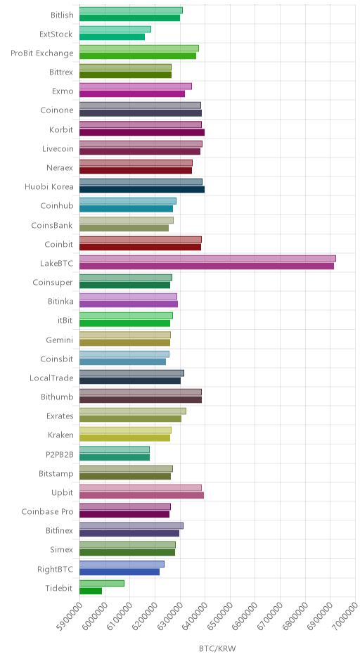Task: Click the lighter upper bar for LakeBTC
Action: click(207, 258)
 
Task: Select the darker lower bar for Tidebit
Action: click(91, 591)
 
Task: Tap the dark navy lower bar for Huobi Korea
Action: click(142, 189)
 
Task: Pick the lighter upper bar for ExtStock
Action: click(115, 29)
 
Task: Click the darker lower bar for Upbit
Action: click(141, 495)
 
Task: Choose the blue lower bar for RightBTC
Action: click(120, 572)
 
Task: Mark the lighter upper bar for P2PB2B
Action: click(115, 449)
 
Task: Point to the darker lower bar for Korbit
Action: click(142, 132)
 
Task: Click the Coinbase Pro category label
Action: click(47, 512)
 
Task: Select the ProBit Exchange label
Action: click(42, 53)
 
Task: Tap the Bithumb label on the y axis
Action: click(57, 397)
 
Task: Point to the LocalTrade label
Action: click(51, 378)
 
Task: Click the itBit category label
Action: click(65, 321)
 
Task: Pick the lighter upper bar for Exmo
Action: click(136, 86)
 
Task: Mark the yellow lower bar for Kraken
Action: click(124, 438)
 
